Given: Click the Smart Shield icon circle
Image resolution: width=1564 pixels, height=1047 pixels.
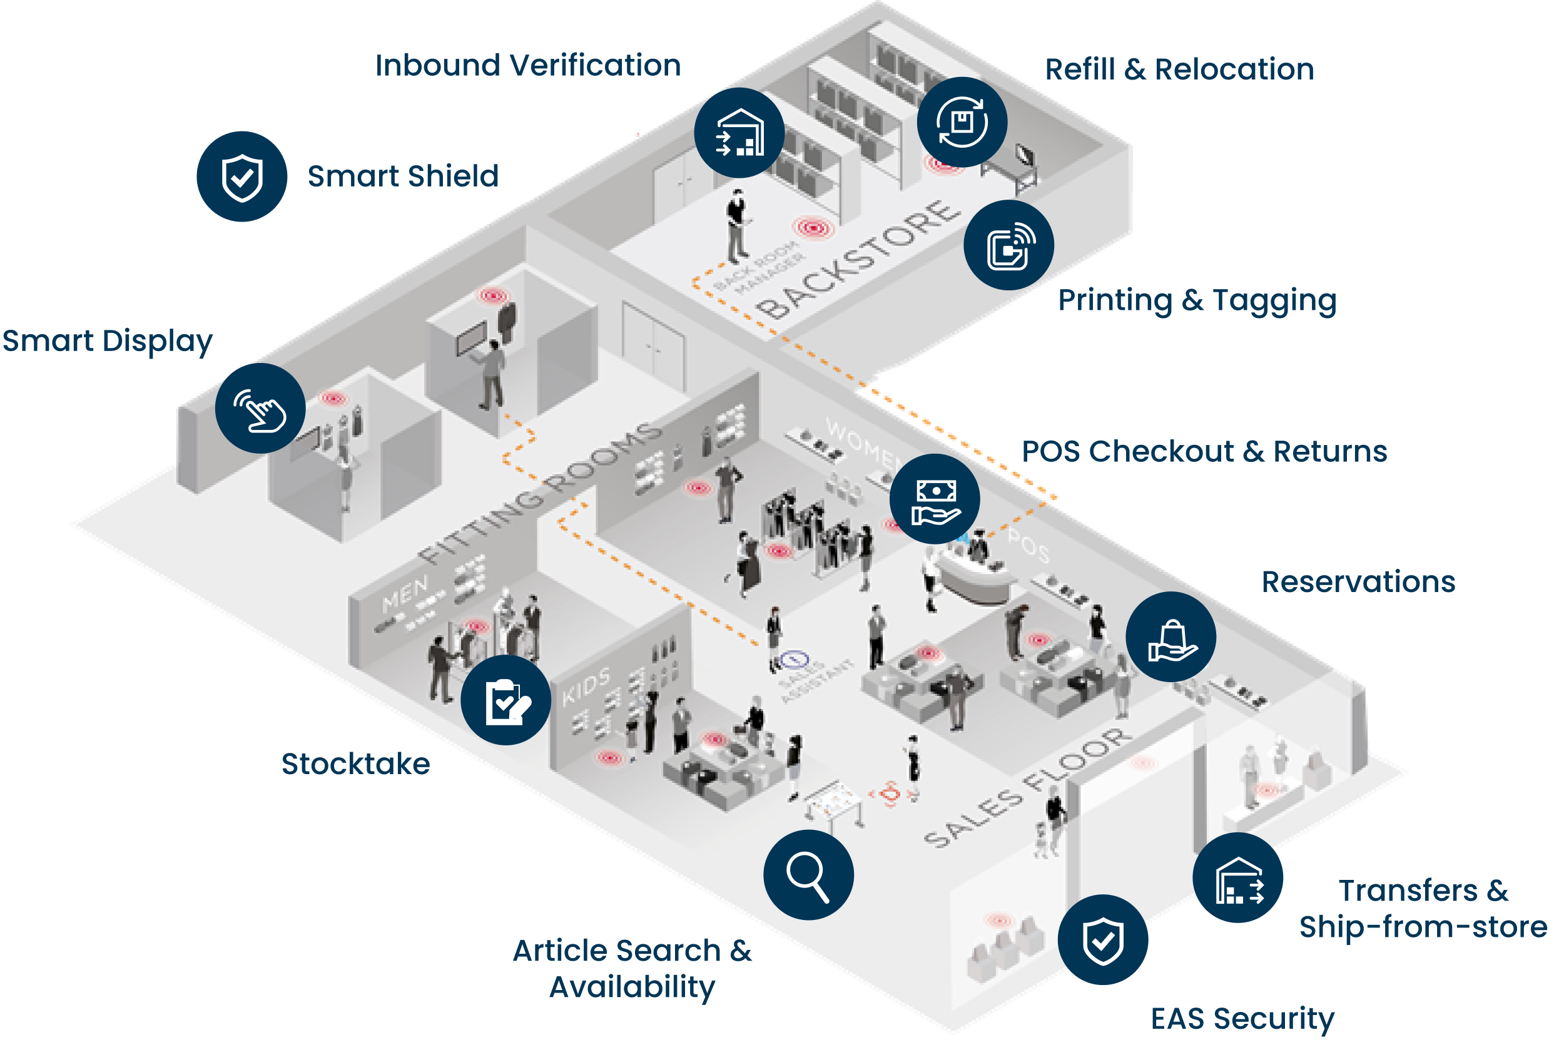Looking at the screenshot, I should [x=241, y=177].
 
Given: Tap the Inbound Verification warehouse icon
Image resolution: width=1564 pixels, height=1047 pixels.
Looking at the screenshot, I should [x=739, y=133].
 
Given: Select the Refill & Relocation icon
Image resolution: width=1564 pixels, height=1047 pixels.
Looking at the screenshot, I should [x=962, y=122].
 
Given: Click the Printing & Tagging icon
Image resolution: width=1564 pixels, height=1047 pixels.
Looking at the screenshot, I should [x=1008, y=245].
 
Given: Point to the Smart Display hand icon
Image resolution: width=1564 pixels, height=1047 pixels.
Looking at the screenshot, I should [x=260, y=409].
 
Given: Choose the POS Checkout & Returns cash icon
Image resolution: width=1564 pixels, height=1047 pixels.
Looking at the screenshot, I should [x=935, y=499].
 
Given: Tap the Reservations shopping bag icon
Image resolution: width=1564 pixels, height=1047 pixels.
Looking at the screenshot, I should [x=1171, y=637].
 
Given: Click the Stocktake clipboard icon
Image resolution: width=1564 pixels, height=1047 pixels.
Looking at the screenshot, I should [x=506, y=700].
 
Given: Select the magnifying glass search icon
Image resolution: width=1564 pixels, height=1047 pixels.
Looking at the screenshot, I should [x=808, y=876].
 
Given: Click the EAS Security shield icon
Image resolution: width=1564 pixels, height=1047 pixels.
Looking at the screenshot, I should [x=1103, y=940].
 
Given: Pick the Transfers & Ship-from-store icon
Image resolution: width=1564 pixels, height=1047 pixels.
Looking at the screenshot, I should [x=1237, y=878].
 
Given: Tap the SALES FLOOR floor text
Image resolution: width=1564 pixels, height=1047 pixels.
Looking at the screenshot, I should [x=1028, y=787].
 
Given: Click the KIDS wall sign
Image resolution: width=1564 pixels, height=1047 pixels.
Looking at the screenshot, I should [x=586, y=687].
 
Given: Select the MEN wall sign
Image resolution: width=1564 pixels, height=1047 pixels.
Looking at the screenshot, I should [x=405, y=595].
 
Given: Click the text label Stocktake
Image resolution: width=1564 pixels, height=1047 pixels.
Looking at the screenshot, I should [x=356, y=764].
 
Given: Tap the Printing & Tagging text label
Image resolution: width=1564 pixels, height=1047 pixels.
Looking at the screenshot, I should [x=1197, y=300].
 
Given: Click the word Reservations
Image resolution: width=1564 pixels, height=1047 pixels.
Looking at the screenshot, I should [x=1358, y=582].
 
